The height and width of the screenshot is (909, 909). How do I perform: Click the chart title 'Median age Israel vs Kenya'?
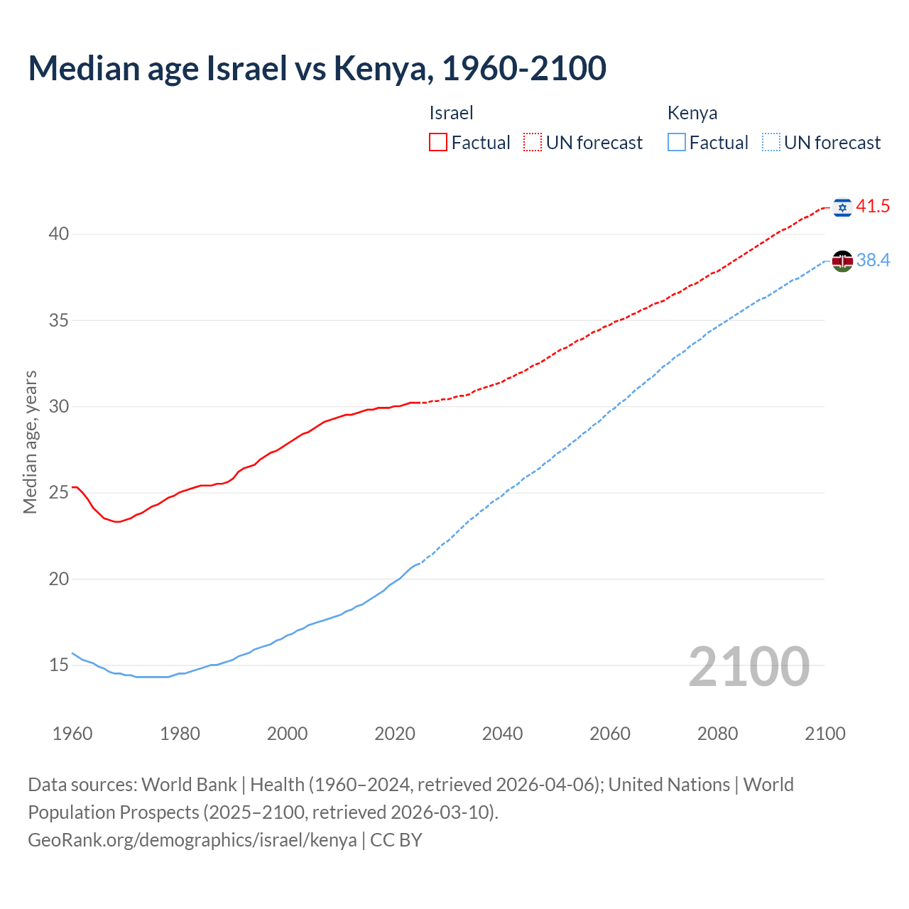click(317, 68)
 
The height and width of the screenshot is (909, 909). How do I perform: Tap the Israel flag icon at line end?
click(842, 207)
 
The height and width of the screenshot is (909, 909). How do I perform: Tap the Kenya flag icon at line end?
click(842, 261)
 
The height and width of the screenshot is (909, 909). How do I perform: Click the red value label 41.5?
click(873, 207)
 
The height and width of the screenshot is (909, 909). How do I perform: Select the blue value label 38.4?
click(873, 261)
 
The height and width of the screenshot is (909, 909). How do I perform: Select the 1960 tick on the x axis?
click(72, 734)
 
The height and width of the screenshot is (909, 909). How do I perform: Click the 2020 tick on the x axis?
click(395, 734)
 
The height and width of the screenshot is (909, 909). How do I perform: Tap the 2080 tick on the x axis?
click(717, 734)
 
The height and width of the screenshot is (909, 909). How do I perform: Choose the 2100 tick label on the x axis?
click(824, 734)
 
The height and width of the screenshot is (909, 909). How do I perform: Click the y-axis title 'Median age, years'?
click(30, 442)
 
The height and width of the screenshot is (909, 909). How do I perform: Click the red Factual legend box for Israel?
click(438, 143)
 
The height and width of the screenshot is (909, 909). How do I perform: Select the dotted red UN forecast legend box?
click(533, 143)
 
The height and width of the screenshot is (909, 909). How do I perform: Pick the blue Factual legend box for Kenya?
click(677, 143)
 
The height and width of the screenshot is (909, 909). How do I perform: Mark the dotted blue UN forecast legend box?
click(771, 143)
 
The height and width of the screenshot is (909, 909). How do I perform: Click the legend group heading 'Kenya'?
click(692, 113)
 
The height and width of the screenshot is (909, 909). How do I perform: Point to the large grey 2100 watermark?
click(749, 666)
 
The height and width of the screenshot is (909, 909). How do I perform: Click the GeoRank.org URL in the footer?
click(192, 839)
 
